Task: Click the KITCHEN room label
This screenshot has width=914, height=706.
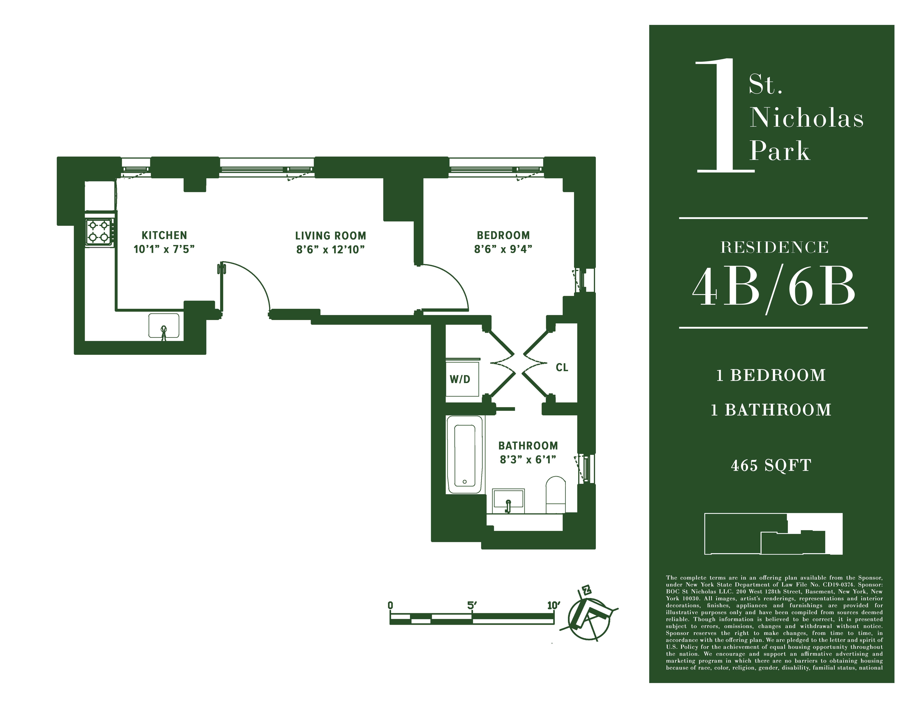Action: pos(164,235)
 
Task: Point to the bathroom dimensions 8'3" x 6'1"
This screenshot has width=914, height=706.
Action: pos(528,460)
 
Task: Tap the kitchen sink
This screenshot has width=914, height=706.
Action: pos(164,325)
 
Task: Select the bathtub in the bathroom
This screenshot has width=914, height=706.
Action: pos(464,455)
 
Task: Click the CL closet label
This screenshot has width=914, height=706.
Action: pos(562,368)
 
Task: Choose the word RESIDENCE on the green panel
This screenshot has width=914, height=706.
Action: pos(774,248)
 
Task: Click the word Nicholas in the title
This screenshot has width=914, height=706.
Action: pos(806,118)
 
